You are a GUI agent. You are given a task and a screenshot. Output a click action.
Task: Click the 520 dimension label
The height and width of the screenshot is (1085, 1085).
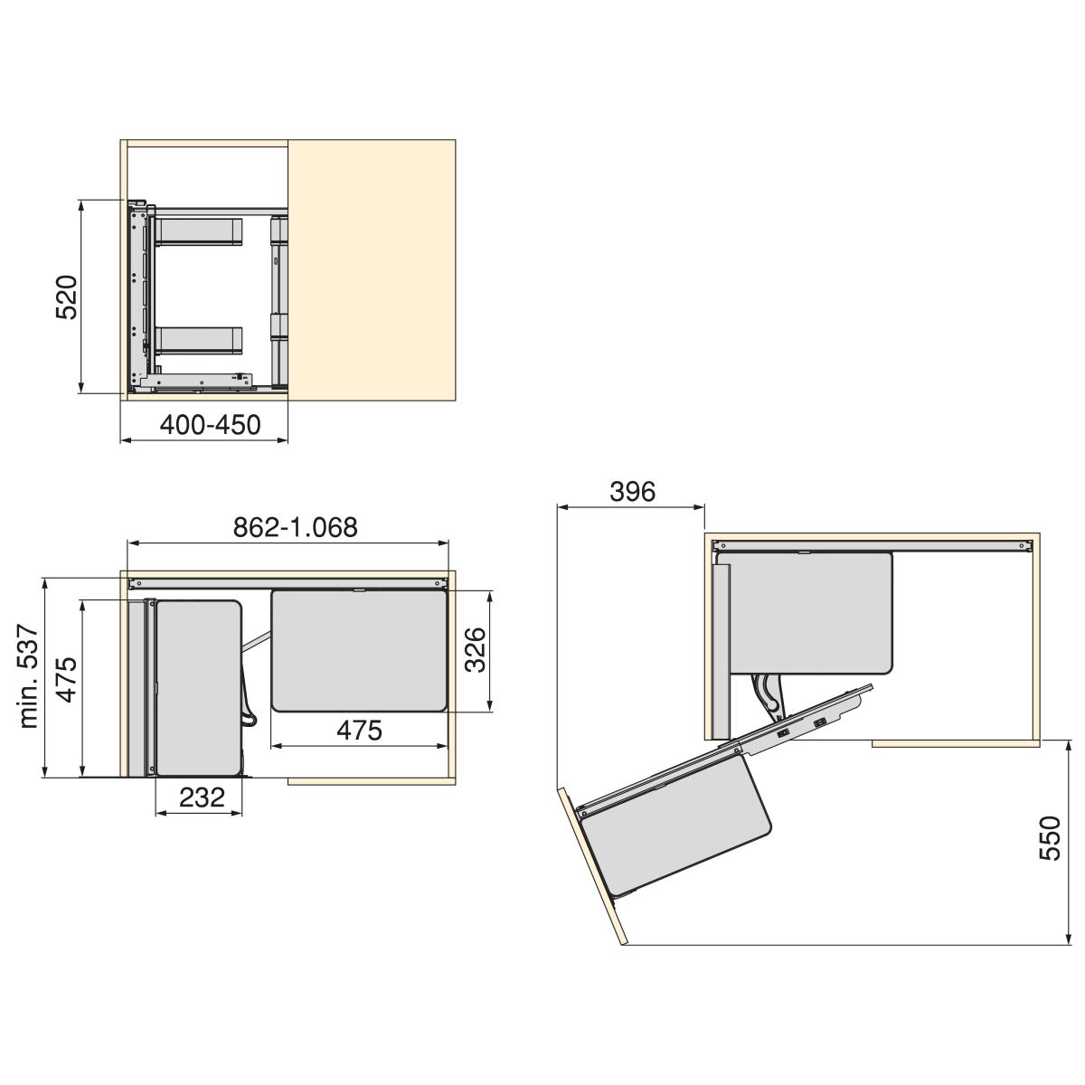[66, 297]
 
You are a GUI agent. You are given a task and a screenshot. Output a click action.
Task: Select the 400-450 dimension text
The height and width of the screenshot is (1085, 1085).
[210, 425]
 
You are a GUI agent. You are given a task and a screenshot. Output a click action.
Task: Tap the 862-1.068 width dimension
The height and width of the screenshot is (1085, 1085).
[296, 527]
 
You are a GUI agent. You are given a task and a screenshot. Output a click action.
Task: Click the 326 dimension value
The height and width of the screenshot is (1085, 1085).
[476, 650]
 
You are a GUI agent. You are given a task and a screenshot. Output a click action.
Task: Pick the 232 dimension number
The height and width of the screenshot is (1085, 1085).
[203, 797]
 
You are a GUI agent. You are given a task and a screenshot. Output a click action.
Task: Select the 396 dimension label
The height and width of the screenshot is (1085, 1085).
[633, 492]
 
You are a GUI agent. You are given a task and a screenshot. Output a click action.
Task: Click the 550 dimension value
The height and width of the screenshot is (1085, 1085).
[1050, 838]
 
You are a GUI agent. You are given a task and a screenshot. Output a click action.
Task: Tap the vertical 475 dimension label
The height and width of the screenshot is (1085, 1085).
[67, 680]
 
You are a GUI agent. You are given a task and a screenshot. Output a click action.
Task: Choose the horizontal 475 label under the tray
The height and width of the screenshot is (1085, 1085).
[360, 731]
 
